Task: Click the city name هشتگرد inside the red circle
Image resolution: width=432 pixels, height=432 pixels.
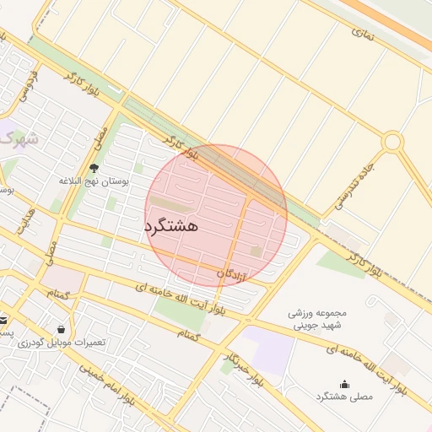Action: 171,226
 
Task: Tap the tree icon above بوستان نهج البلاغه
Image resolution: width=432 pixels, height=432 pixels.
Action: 94,168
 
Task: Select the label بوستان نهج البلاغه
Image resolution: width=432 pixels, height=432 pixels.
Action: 93,181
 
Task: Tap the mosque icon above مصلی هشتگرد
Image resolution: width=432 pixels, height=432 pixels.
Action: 343,384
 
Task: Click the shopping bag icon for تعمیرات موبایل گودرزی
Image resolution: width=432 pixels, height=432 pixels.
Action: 61,329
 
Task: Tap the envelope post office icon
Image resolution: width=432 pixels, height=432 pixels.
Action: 3,320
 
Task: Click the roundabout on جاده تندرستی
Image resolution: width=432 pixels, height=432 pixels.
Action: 391,142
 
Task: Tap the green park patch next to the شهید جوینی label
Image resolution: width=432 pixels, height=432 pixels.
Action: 342,263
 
